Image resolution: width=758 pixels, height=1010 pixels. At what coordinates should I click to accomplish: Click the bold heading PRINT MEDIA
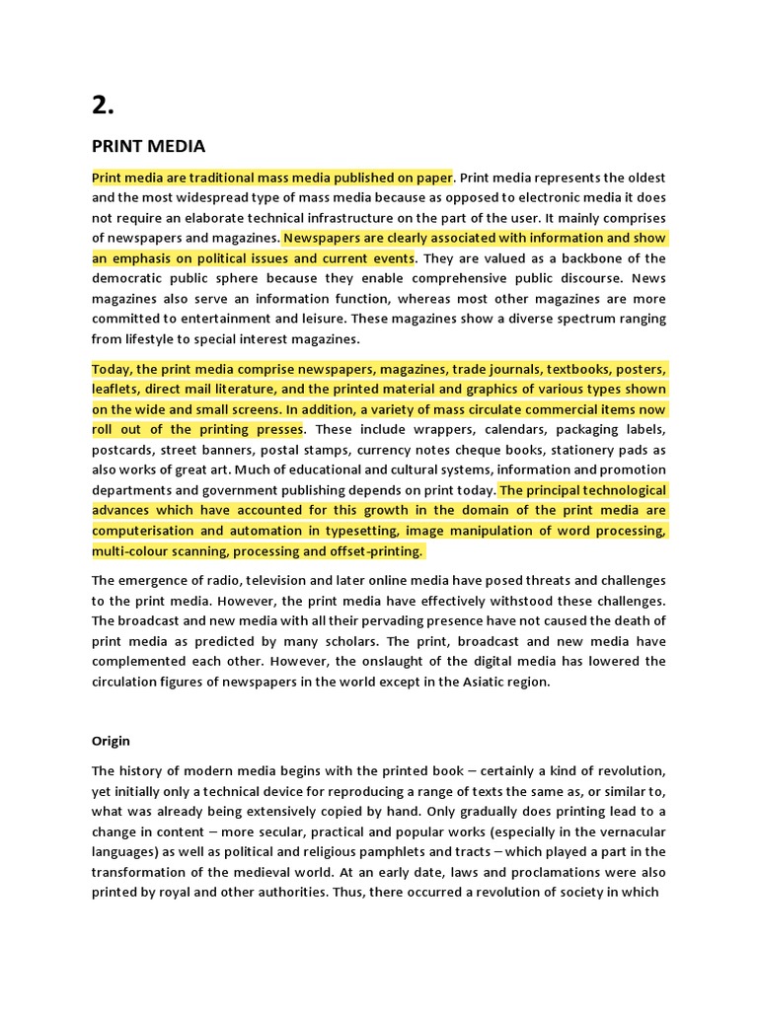[x=148, y=147]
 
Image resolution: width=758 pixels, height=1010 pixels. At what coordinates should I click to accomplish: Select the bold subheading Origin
[x=111, y=741]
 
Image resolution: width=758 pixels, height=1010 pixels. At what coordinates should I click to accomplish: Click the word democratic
[x=128, y=279]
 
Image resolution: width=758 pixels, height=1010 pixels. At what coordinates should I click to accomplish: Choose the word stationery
[x=578, y=450]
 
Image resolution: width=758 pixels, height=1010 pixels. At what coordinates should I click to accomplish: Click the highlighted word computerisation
[x=142, y=531]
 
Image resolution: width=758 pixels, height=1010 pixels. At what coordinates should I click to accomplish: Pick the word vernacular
[x=626, y=831]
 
